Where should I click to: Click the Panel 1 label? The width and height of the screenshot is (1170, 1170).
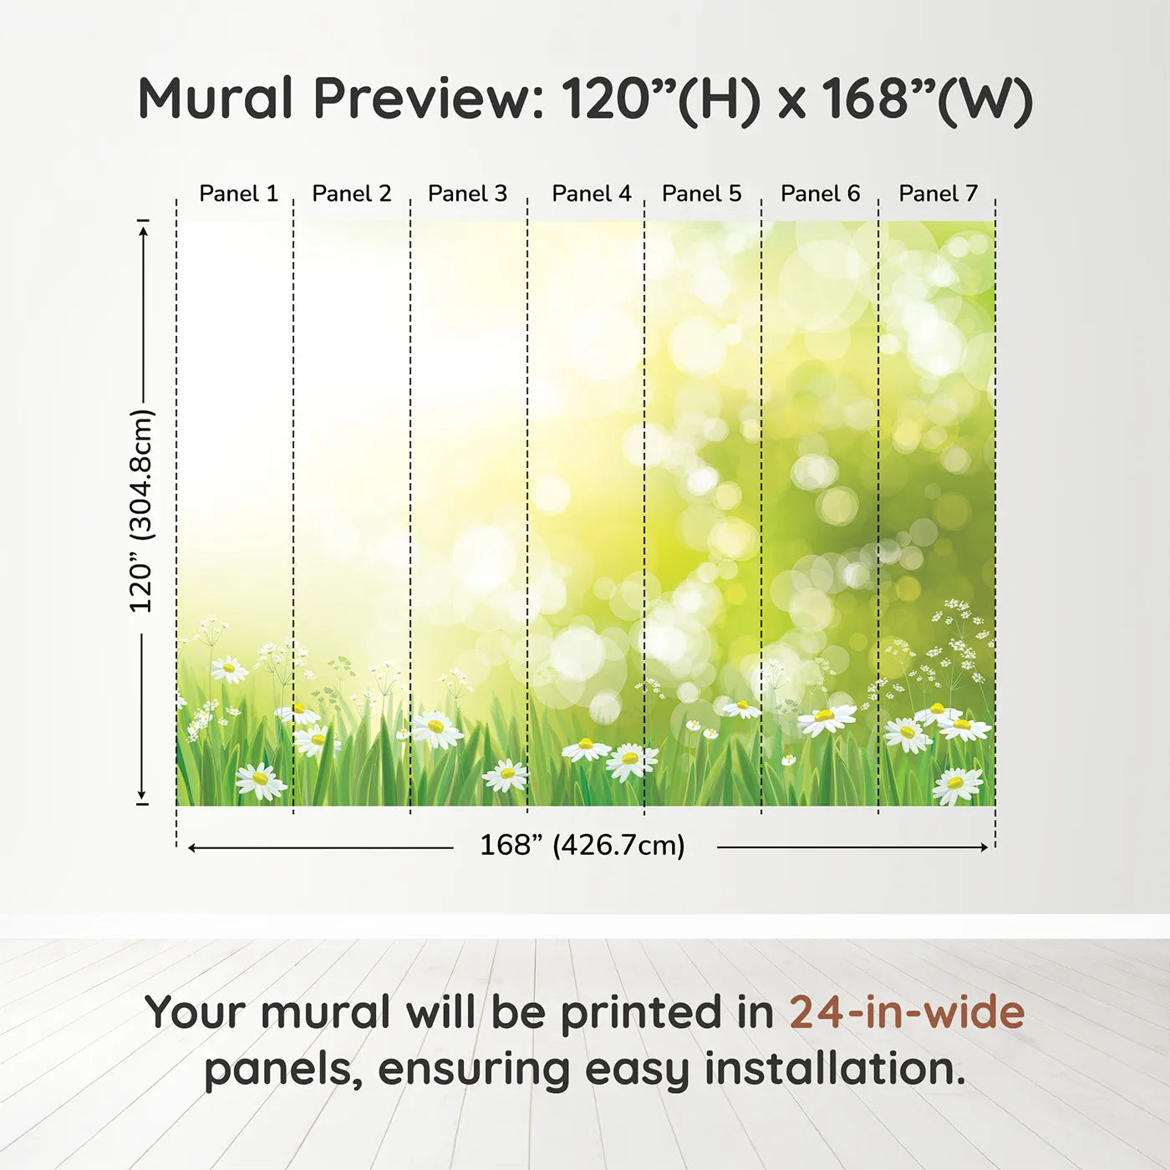click(238, 194)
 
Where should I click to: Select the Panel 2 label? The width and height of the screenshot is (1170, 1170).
click(351, 194)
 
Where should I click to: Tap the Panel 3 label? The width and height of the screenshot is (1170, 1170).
click(467, 194)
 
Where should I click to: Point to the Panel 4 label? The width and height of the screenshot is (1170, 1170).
click(591, 194)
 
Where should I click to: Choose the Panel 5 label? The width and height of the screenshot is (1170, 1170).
click(701, 194)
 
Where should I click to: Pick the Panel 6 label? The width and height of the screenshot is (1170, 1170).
click(820, 194)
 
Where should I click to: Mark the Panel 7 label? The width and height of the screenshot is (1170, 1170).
click(938, 194)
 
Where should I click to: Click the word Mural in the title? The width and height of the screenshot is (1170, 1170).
click(215, 99)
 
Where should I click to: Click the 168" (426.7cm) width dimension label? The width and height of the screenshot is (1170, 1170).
click(582, 846)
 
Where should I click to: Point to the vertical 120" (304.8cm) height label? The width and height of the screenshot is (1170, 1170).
click(141, 511)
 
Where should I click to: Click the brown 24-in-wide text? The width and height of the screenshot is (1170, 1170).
click(907, 1012)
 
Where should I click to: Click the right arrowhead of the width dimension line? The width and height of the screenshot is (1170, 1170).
click(984, 847)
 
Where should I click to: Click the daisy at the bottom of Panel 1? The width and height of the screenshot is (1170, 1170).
click(260, 781)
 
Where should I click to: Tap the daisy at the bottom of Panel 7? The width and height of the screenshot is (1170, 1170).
click(957, 784)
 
